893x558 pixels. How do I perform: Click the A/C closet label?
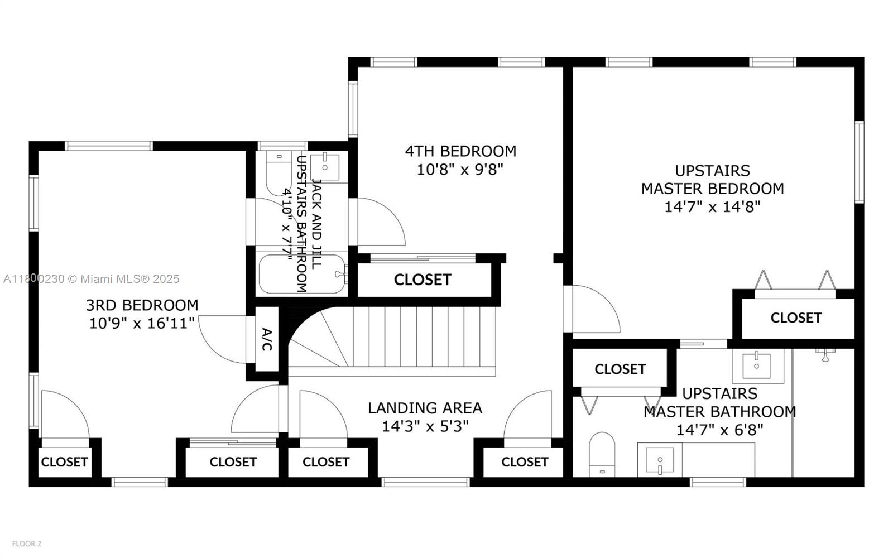(x=267, y=340)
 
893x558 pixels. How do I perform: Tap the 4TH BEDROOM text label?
(x=460, y=151)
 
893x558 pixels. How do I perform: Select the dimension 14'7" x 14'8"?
(x=712, y=207)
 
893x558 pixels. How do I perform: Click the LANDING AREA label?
(x=425, y=408)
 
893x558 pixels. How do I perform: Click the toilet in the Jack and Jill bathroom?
(x=275, y=170)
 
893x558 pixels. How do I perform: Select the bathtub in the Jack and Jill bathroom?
(x=301, y=275)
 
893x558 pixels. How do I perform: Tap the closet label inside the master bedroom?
(x=795, y=318)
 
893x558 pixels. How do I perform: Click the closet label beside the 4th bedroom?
(x=423, y=280)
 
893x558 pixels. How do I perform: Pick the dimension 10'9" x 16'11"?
(x=142, y=323)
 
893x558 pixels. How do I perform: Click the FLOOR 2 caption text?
(x=27, y=543)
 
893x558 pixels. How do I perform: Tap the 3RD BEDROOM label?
(x=142, y=305)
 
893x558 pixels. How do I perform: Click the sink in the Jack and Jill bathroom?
(x=325, y=165)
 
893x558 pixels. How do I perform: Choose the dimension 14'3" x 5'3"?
(x=425, y=426)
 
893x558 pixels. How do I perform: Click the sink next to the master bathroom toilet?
(x=660, y=460)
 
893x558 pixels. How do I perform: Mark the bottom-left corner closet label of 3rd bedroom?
(x=64, y=462)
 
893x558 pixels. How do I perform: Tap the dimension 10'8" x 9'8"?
(x=460, y=169)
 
